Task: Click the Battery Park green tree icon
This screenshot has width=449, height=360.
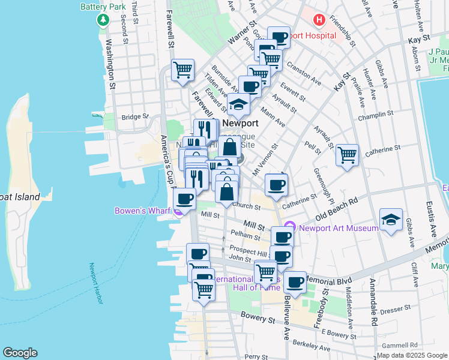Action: [103, 20]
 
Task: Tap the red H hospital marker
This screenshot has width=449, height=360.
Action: [319, 20]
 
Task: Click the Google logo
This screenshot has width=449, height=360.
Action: [20, 353]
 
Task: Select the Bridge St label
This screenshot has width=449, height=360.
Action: [134, 117]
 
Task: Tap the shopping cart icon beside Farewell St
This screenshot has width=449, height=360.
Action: [182, 70]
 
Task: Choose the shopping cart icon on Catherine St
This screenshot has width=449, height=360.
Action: [347, 155]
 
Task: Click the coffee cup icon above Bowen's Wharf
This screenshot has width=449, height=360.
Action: [184, 199]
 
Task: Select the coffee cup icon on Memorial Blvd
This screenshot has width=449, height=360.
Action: [294, 281]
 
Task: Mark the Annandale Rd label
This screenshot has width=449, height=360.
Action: [373, 308]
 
